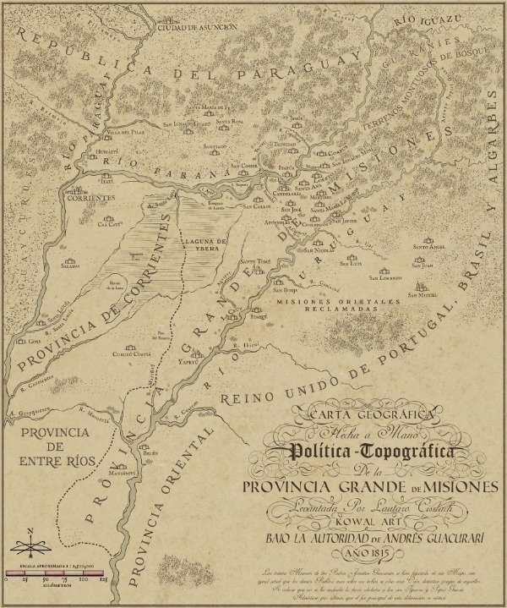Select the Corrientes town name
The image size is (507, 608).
91,197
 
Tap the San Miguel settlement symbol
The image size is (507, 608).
421,288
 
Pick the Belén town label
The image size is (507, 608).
150,453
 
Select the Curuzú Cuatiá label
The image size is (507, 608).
131,354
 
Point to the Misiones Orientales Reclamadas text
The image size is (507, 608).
337,305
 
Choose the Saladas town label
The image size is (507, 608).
70,265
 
